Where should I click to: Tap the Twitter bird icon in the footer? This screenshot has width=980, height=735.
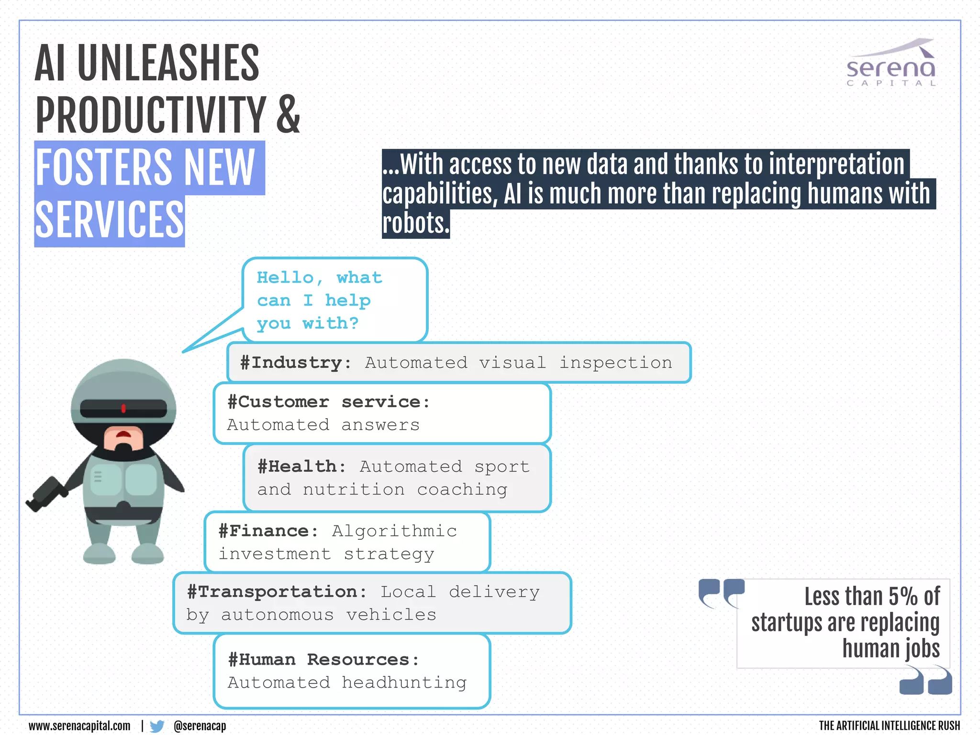pos(156,726)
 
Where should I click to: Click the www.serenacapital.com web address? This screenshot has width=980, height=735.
pos(79,726)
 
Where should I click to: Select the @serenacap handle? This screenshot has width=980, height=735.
pos(200,726)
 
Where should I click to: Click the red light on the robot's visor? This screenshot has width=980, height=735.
pos(123,408)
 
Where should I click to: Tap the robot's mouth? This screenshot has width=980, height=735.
pos(123,434)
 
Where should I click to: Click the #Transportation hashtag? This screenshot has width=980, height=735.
pos(277,592)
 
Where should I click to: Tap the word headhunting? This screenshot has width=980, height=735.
pos(404,682)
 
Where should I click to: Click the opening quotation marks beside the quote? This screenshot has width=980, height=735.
pos(721,593)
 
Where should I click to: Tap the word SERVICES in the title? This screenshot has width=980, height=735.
pos(110,220)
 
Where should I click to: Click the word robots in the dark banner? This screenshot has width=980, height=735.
pos(415,223)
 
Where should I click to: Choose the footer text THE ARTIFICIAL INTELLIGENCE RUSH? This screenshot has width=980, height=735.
pos(889,726)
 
